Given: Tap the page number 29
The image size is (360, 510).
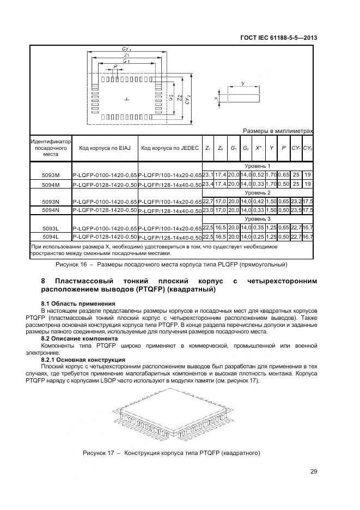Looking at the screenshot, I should click(314, 472).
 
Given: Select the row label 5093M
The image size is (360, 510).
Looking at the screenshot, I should click(51, 175).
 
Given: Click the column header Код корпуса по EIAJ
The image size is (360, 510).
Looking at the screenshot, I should click(105, 148).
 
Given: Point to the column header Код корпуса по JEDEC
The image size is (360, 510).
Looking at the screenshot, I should click(169, 148).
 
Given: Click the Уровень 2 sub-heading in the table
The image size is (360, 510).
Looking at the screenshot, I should click(257, 192).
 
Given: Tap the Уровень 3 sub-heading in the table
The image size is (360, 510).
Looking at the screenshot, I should click(257, 218).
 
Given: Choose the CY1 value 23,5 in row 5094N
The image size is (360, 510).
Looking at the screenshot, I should click(296, 210).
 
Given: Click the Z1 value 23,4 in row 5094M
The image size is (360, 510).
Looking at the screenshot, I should click(208, 184).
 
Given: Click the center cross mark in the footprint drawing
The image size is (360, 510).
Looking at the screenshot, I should click(126, 99).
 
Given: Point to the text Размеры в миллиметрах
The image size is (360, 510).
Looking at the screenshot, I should click(278, 131).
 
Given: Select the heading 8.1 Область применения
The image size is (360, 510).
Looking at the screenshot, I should click(78, 303).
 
